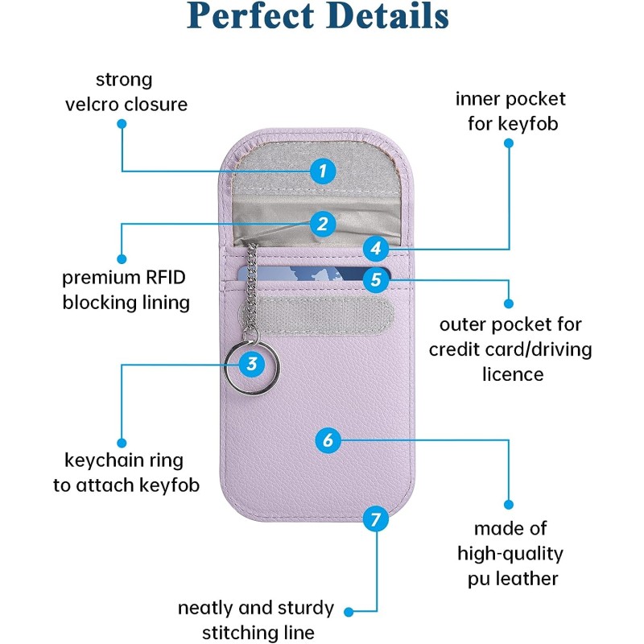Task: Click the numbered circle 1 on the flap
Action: (x=322, y=171)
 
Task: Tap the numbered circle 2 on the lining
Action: (x=322, y=224)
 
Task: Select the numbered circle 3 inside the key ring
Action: (x=252, y=364)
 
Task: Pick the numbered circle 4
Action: (x=375, y=248)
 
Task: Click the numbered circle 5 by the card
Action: (x=375, y=280)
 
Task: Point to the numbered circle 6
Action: (x=327, y=440)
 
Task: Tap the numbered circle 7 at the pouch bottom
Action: (x=375, y=519)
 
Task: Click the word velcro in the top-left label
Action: (x=93, y=105)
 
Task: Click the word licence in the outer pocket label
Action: (x=513, y=374)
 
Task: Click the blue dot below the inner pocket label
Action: (x=509, y=142)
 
